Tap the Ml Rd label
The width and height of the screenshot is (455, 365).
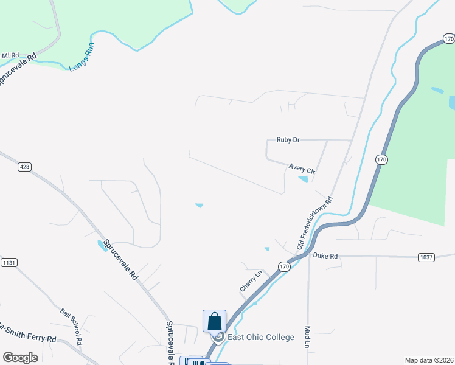click(x=10, y=55)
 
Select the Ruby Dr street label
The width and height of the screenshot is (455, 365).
click(x=288, y=140)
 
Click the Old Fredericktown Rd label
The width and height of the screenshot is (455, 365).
click(x=314, y=222)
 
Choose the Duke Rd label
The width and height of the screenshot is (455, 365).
click(x=325, y=256)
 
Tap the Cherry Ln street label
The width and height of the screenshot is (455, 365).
click(x=250, y=281)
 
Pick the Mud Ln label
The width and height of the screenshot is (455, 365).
click(x=308, y=336)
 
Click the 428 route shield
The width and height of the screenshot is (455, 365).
click(x=24, y=166)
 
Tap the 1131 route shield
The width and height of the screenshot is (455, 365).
click(x=9, y=262)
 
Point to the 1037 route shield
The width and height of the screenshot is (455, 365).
click(x=427, y=257)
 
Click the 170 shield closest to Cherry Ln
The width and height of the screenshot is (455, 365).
click(x=285, y=266)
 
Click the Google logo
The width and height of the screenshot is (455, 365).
click(x=21, y=357)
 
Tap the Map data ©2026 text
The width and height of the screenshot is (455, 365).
click(x=428, y=360)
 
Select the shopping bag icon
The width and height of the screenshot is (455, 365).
click(x=214, y=320)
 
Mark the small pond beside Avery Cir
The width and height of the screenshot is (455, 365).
click(x=303, y=179)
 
